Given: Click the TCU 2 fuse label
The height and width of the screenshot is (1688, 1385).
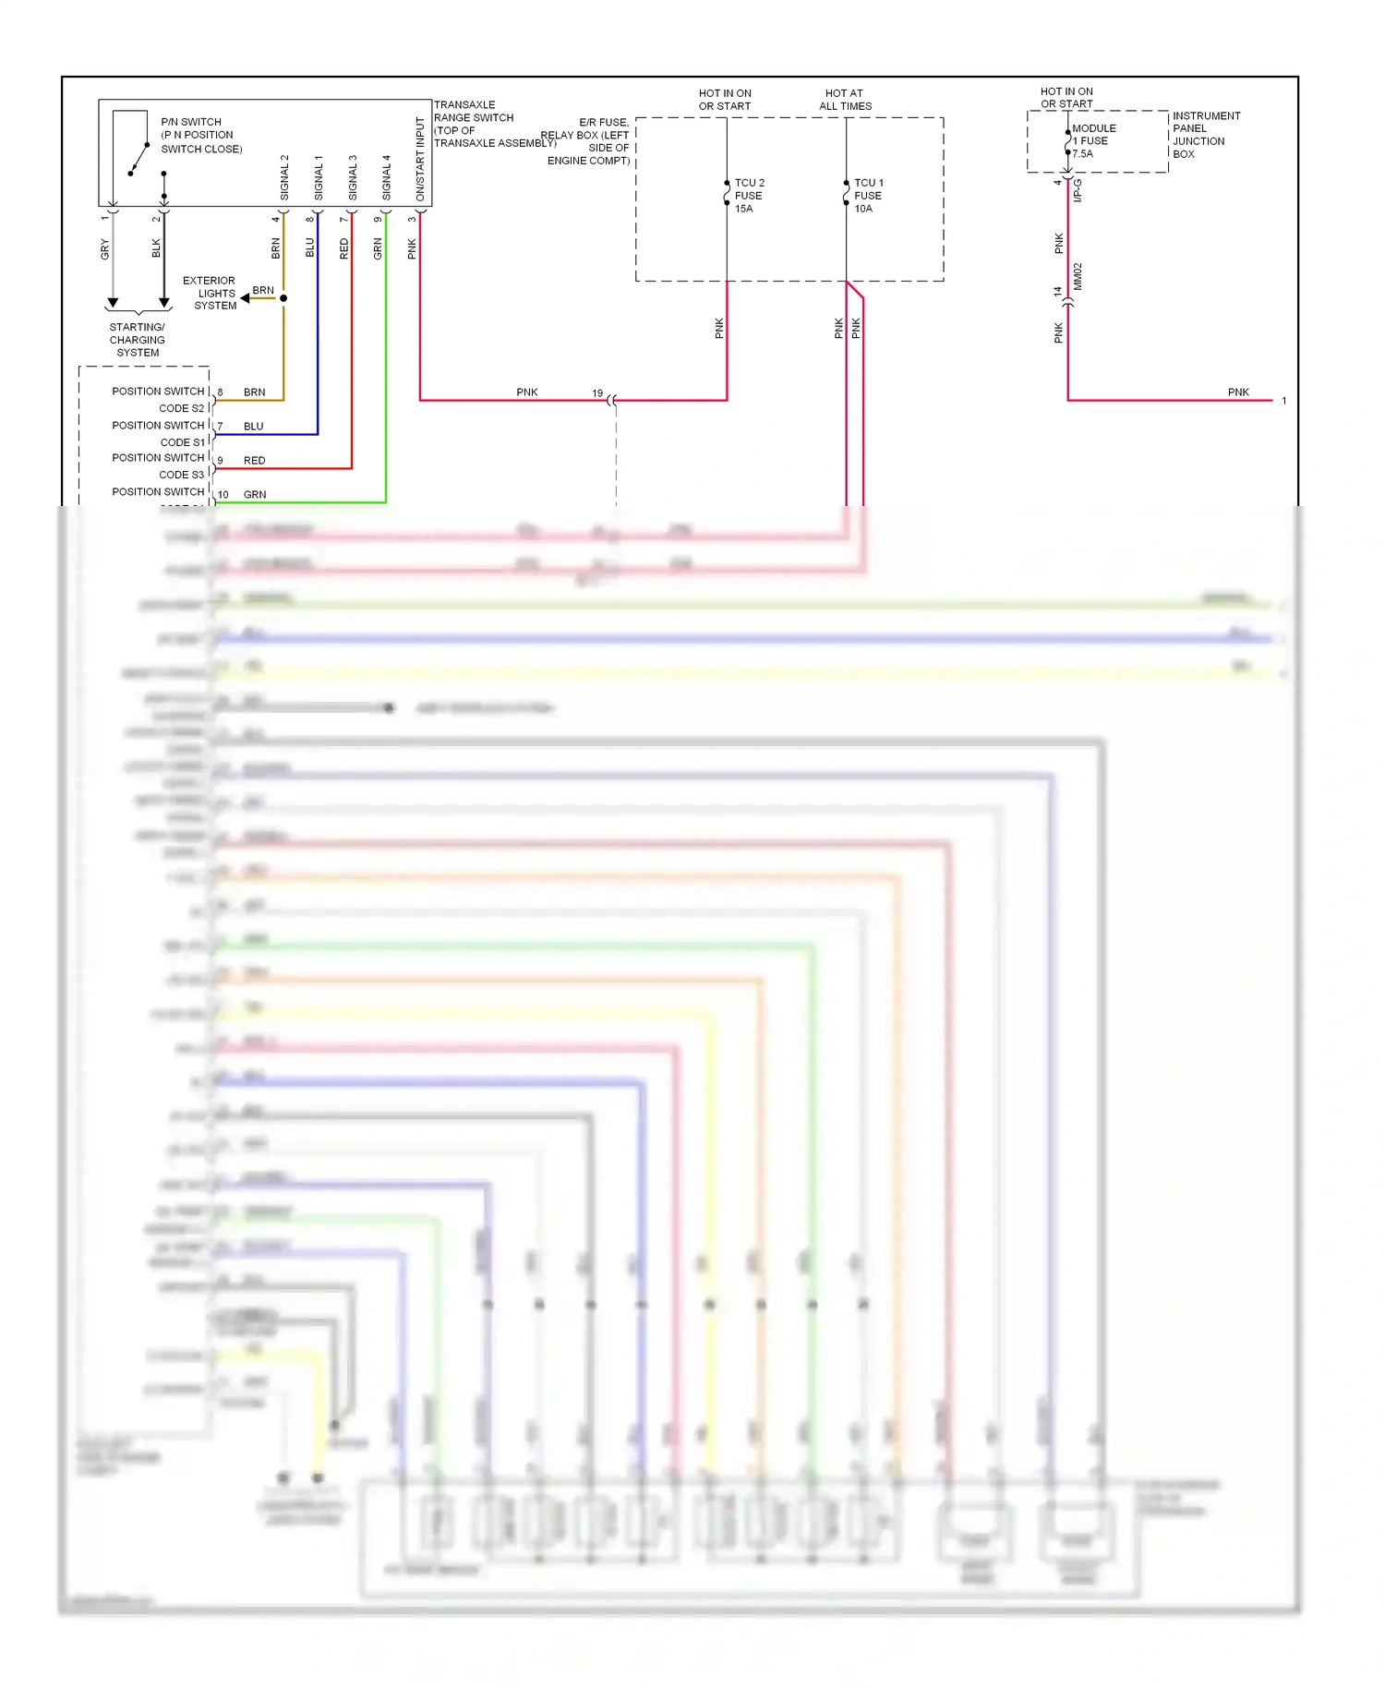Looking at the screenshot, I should point(749,196).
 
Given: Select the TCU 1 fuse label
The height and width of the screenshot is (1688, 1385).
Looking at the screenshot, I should point(868,196).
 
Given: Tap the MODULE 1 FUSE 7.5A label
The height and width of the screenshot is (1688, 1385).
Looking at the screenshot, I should point(1093,141).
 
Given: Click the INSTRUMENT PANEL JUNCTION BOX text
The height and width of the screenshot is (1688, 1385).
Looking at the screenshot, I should point(1205,135).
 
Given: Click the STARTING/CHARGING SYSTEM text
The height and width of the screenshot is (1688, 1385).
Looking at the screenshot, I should point(137,340).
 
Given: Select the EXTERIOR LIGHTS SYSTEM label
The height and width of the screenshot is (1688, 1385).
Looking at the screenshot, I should point(210,293).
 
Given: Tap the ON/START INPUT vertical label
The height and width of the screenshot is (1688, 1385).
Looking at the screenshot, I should point(420,159).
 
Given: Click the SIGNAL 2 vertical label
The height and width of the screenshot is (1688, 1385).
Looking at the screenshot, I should point(284,177).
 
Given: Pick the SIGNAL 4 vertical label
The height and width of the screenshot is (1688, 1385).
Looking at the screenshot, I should point(387,177).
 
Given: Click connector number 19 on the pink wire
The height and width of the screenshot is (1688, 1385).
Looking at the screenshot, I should point(597,393).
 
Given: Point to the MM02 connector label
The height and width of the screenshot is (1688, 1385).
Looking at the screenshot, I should point(1078,277).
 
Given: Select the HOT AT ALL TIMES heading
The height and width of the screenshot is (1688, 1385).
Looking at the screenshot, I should point(845,100).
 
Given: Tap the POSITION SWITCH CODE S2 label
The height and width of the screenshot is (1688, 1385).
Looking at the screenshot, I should point(158,399).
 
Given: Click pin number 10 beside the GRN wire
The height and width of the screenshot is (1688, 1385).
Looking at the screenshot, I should point(223,495).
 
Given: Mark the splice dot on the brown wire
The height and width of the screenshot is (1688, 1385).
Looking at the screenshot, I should point(283,298).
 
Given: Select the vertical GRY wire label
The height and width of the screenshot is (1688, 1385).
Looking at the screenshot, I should point(104,249).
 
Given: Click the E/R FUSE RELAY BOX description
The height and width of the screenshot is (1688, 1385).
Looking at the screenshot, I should point(586,141).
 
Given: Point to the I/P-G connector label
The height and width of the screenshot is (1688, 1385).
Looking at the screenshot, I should point(1078,191).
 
